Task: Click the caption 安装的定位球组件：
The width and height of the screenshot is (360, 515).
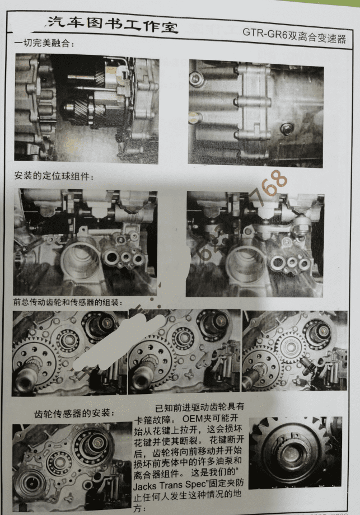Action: point(54,177)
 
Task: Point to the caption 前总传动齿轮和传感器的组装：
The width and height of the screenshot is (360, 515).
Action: point(68,302)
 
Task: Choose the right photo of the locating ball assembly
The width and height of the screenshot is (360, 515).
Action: point(255,244)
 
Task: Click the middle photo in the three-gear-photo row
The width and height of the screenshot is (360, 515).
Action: point(184,350)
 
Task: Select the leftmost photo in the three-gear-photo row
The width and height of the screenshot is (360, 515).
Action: point(69,350)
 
